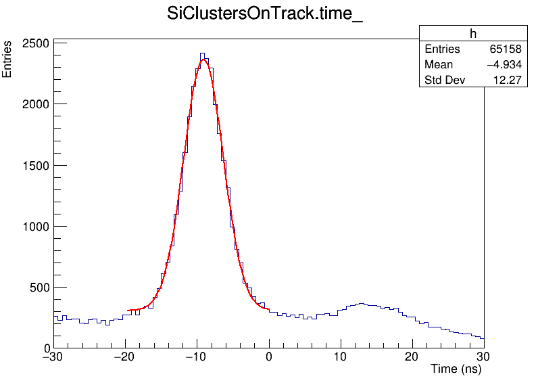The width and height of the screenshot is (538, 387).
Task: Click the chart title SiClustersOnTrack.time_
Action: [265, 14]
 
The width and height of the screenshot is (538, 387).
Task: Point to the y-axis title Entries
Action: [7, 59]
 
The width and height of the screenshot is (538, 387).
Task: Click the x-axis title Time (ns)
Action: [456, 369]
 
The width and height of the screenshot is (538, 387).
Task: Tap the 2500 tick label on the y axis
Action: [33, 43]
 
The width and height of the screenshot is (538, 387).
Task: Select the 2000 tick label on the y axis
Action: [33, 104]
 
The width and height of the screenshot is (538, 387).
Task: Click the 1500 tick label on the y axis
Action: [33, 165]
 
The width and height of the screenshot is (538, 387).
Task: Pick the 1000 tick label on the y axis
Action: [33, 226]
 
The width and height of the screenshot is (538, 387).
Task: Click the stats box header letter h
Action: [473, 34]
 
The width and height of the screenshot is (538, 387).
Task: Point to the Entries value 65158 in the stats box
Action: [506, 49]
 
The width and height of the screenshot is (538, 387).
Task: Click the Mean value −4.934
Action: [504, 65]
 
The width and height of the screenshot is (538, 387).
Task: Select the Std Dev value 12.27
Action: [508, 81]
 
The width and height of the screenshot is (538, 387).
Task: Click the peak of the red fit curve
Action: [203, 60]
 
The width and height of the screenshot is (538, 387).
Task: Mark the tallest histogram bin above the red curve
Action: [201, 53]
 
